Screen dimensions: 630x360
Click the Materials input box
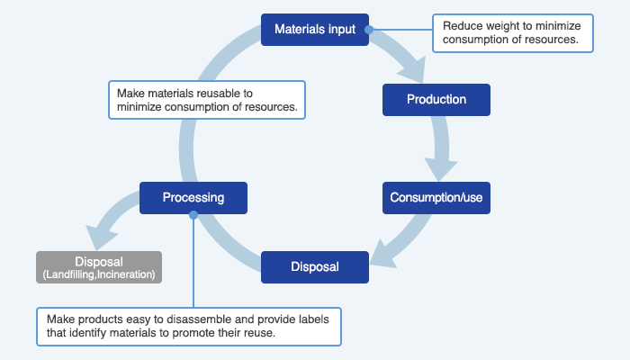[x=315, y=30]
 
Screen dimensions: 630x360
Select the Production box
[x=436, y=100]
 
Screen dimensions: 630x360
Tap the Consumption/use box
[x=436, y=198]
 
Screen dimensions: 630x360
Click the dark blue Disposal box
[x=315, y=267]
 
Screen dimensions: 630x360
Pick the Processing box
[x=193, y=198]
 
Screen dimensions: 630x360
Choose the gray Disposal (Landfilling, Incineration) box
[x=99, y=267]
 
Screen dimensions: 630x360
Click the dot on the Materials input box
[x=369, y=30]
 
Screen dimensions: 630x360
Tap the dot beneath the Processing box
[x=193, y=215]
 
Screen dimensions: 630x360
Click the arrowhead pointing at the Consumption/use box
[x=440, y=169]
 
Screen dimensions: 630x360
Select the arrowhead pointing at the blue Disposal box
[x=382, y=255]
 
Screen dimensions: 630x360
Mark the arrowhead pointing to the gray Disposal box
[x=101, y=237]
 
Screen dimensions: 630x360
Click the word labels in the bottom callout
[x=314, y=319]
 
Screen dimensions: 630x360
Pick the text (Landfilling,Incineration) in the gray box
[x=99, y=274]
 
